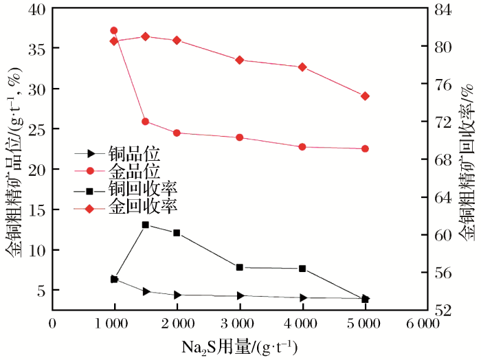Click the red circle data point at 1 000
point(114,30)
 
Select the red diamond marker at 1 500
point(146,36)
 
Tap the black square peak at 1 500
point(146,244)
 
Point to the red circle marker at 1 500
point(146,122)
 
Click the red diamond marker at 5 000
point(365,96)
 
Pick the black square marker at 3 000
point(240,267)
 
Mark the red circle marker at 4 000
point(302,147)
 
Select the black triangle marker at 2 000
point(177,295)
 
